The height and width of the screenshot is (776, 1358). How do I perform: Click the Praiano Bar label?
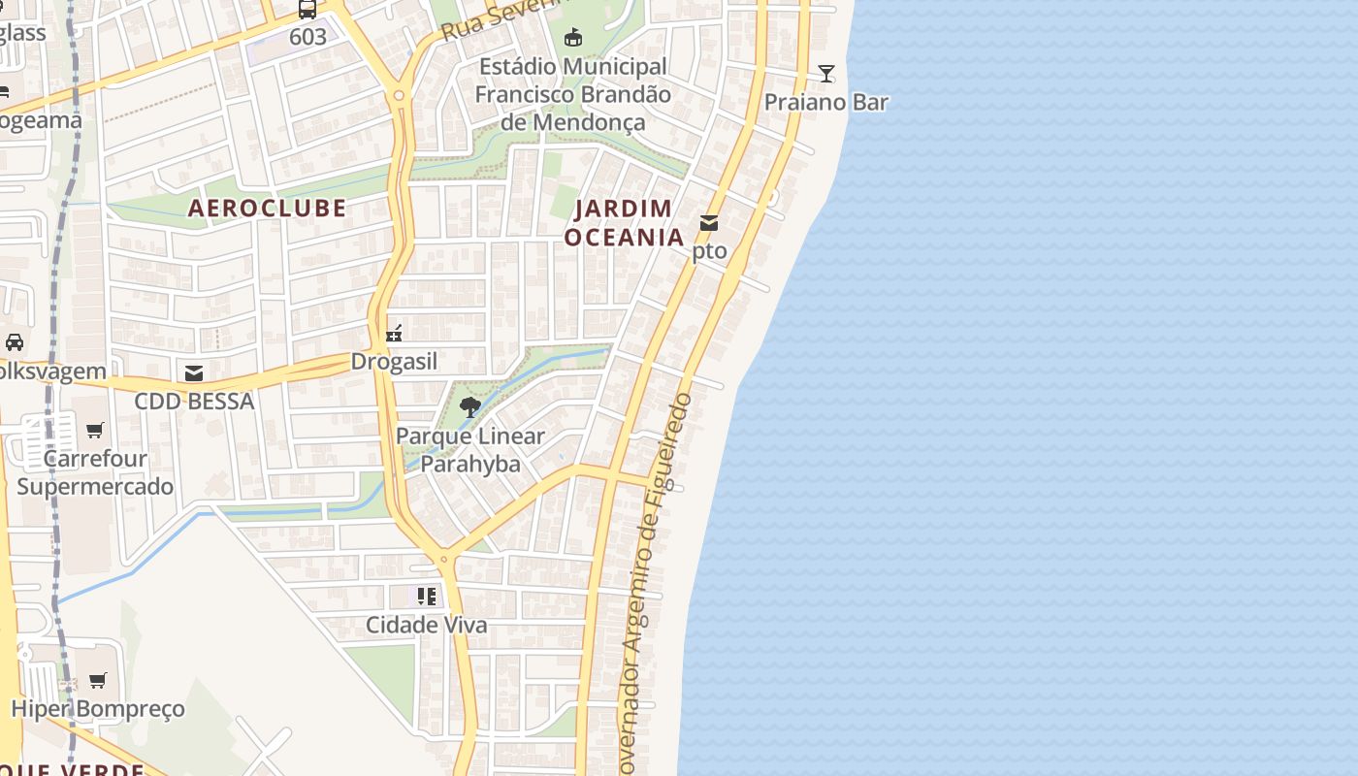click(x=825, y=102)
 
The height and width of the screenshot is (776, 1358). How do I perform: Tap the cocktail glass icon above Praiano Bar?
click(x=825, y=73)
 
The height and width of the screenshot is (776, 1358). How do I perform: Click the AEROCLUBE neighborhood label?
click(x=267, y=208)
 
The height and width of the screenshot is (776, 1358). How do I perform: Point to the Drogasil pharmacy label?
click(x=394, y=362)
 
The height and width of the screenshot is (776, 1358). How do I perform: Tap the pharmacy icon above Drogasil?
click(x=394, y=334)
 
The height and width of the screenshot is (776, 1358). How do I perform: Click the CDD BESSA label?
click(x=194, y=401)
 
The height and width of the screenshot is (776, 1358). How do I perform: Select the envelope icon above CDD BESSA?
click(x=194, y=373)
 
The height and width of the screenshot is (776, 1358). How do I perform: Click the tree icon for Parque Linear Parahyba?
click(x=470, y=407)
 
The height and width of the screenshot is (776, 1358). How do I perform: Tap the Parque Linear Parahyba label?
click(x=470, y=450)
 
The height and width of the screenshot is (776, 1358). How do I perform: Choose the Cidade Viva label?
click(x=426, y=625)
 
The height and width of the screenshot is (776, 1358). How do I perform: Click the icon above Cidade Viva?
click(x=426, y=596)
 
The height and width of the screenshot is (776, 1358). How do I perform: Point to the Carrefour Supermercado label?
click(x=95, y=472)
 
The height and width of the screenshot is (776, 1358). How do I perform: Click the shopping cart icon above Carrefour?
click(x=95, y=430)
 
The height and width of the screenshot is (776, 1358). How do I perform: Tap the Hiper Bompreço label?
click(x=97, y=709)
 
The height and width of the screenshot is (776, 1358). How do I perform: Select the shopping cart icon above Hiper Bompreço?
click(x=97, y=680)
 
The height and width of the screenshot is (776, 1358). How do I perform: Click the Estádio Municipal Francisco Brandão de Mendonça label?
click(x=572, y=94)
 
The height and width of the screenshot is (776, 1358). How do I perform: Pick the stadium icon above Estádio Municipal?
click(x=573, y=38)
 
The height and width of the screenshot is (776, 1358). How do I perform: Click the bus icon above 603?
click(x=307, y=10)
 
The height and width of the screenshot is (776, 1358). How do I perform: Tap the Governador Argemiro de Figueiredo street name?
click(x=657, y=582)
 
